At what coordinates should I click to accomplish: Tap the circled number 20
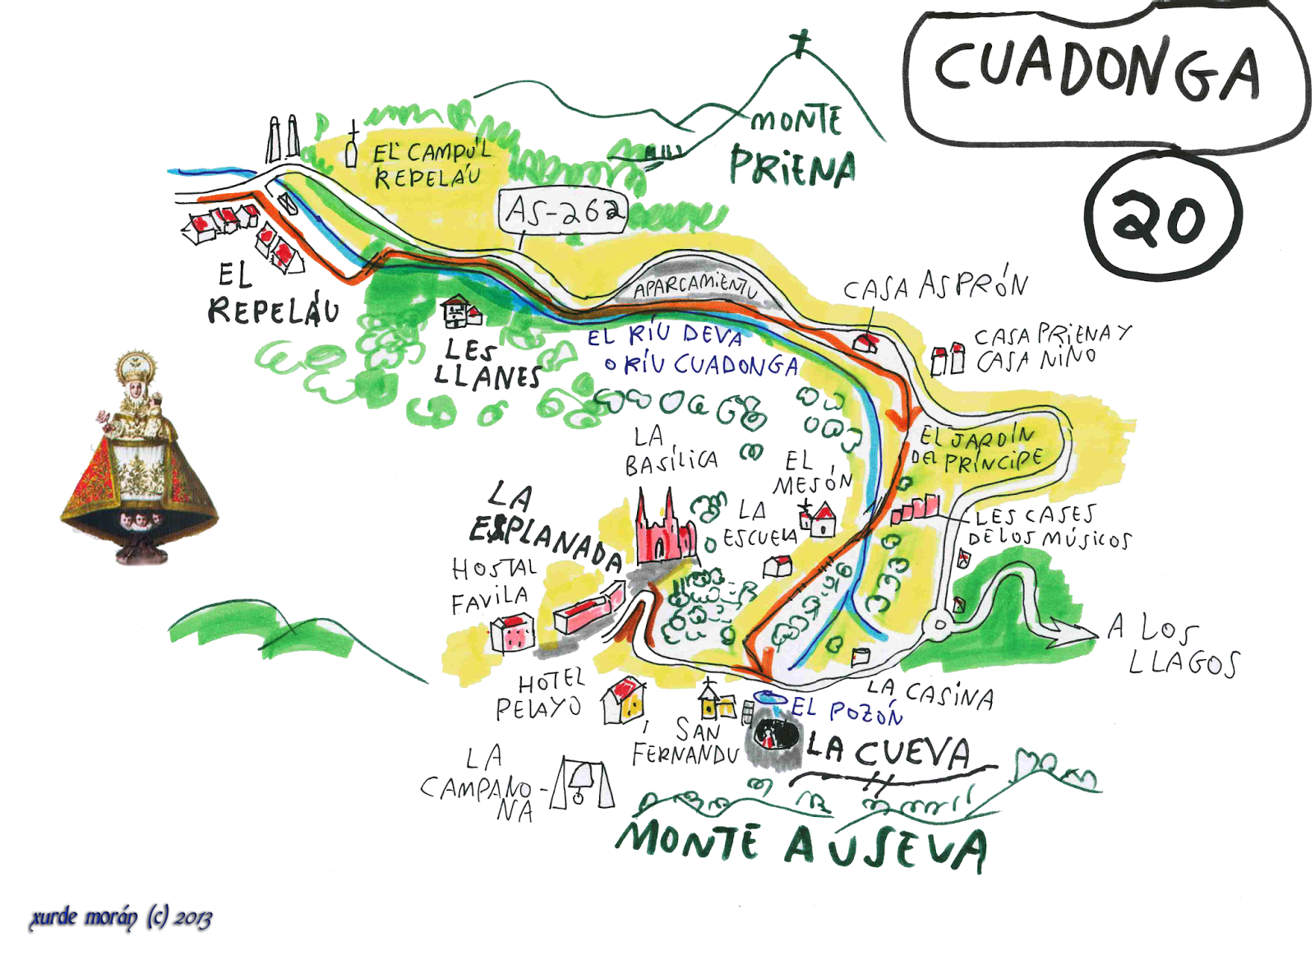coord(1160,217)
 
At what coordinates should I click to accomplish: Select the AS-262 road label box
coord(564,212)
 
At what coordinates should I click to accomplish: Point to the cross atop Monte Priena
coord(800,43)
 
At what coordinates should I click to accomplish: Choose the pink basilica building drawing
coord(664,530)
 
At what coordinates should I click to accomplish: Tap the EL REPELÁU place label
coord(271,296)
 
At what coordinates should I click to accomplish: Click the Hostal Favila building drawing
coord(513,633)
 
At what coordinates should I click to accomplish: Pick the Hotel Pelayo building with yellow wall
coord(623,701)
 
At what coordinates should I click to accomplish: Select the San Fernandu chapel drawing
coord(717,704)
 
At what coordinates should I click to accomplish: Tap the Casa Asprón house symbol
coord(865,342)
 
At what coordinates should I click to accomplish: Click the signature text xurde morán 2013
coord(121,917)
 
